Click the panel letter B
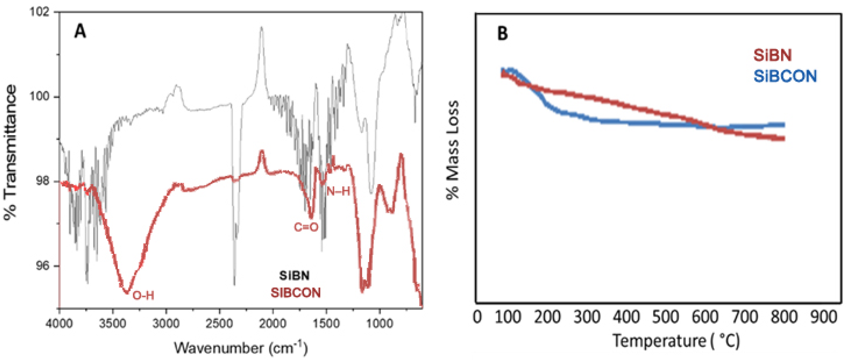coord(502,34)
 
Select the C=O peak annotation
coord(306,227)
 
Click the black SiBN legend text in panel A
coord(294,276)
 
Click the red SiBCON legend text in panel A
coord(296,293)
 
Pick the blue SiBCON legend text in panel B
coord(785,76)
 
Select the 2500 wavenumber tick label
coord(219,323)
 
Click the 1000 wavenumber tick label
coord(379,323)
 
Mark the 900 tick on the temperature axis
coord(824,317)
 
